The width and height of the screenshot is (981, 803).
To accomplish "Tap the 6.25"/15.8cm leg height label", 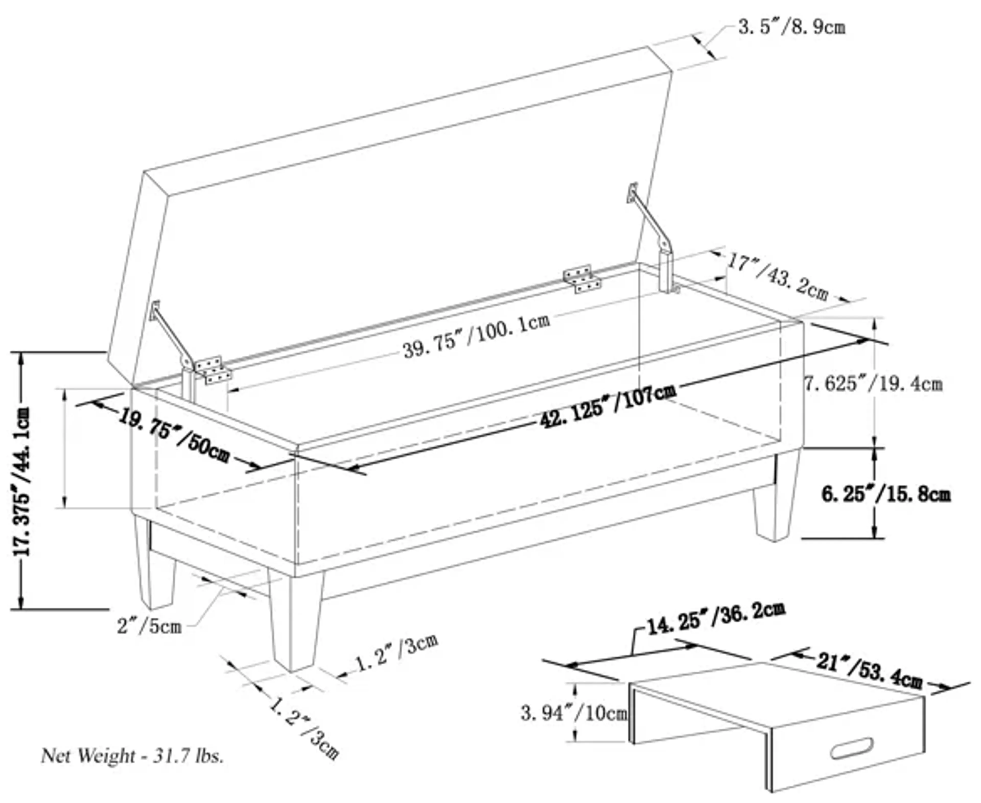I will click(x=886, y=494).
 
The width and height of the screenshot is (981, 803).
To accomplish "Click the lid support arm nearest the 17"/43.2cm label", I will click(x=652, y=227).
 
